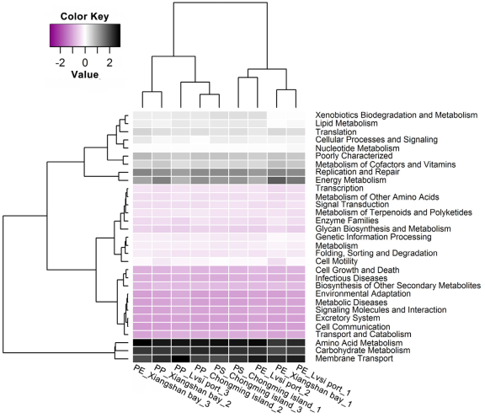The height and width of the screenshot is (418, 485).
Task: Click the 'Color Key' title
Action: (84, 16)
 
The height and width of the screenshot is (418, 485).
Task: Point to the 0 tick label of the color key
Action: (85, 63)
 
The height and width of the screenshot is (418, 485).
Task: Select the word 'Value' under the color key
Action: (85, 75)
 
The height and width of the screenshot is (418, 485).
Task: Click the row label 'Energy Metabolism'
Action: (351, 180)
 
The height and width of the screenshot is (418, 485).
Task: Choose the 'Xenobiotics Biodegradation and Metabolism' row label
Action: (397, 115)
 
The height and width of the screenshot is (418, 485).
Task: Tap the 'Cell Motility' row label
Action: (337, 261)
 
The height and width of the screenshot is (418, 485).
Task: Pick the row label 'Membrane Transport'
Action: (354, 358)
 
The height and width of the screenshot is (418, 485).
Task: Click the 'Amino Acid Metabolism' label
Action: (359, 343)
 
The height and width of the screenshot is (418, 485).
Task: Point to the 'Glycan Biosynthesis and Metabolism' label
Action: (383, 229)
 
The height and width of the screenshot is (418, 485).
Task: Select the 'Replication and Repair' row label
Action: (358, 172)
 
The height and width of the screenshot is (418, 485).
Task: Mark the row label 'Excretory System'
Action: (348, 318)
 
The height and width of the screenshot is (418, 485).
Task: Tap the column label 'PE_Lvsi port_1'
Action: (324, 380)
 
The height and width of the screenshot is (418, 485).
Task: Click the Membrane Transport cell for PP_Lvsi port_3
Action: (181, 358)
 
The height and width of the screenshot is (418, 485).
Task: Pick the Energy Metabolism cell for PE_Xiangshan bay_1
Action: (277, 180)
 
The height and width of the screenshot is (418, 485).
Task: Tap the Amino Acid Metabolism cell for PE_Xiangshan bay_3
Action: (142, 342)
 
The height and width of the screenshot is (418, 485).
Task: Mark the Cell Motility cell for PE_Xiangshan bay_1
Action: (277, 261)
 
